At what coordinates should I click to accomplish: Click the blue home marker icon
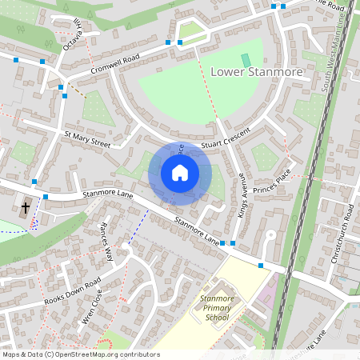click(180, 173)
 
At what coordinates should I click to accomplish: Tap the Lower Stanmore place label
click(257, 73)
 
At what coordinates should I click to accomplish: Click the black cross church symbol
click(26, 207)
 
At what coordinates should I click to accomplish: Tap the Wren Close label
click(93, 310)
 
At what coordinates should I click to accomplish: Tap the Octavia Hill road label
click(72, 36)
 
